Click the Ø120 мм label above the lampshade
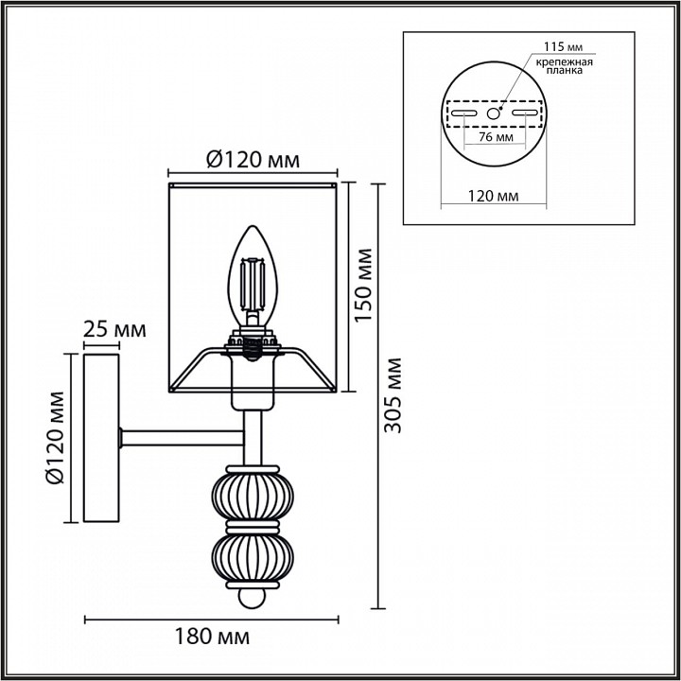pyautogui.click(x=253, y=160)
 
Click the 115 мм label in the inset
pyautogui.click(x=560, y=46)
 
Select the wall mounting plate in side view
pyautogui.click(x=102, y=437)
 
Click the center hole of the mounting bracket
pyautogui.click(x=493, y=113)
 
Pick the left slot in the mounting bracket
pyautogui.click(x=463, y=113)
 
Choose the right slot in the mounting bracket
pyautogui.click(x=524, y=113)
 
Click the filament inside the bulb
pyautogui.click(x=253, y=284)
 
